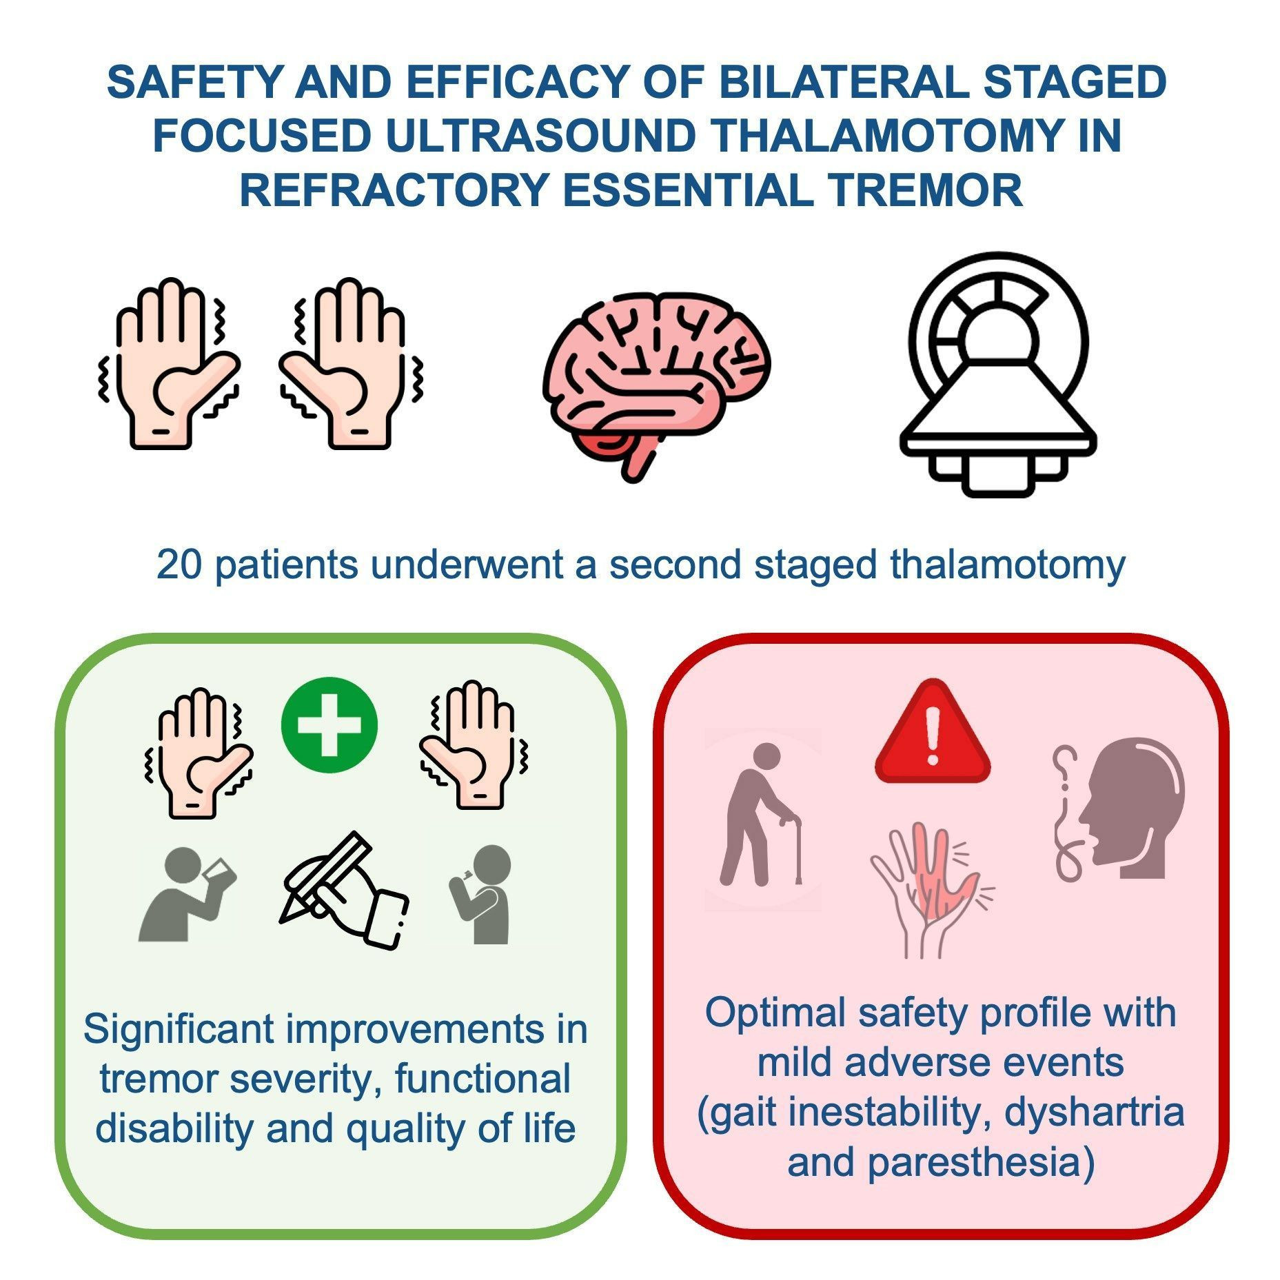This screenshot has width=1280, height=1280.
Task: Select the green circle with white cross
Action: pos(329,726)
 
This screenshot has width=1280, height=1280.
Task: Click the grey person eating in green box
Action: pos(480,894)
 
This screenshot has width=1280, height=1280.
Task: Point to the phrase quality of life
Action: pos(460,1128)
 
